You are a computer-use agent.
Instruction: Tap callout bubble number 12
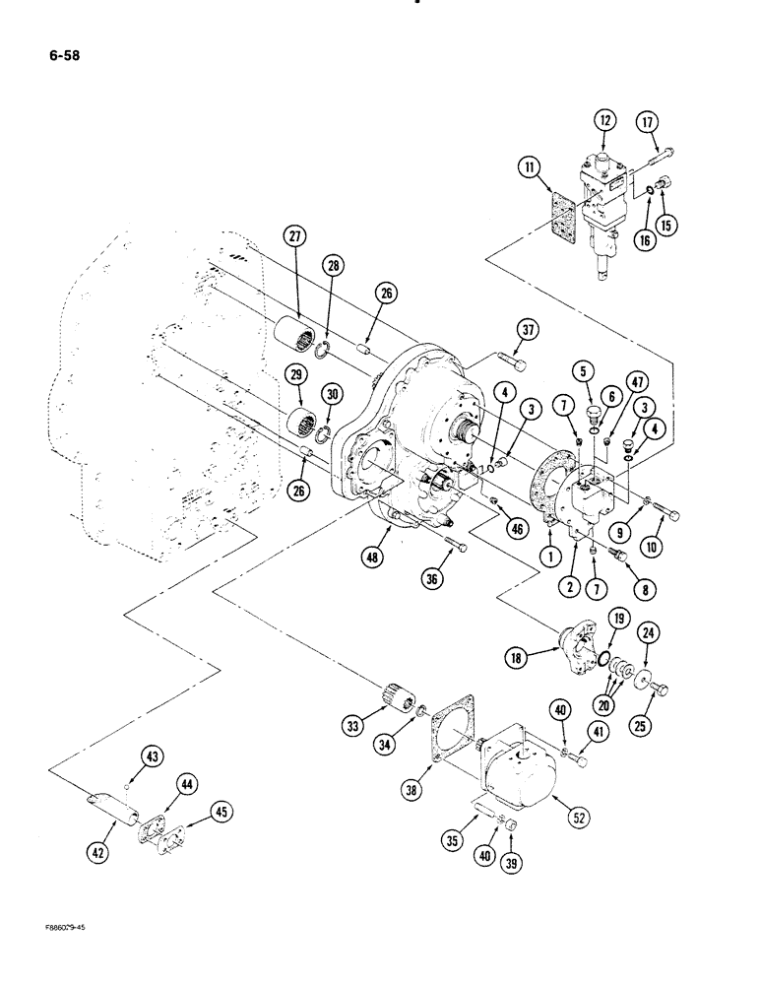pos(602,121)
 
